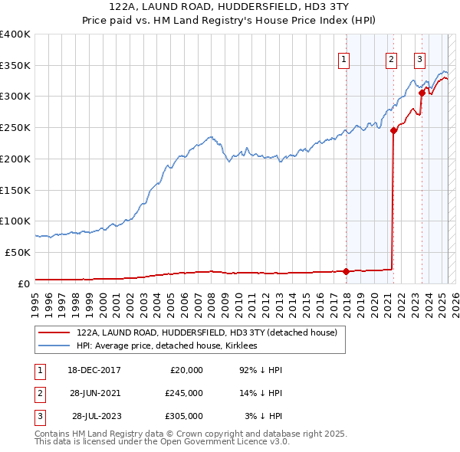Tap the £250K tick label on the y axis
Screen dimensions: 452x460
coord(14,127)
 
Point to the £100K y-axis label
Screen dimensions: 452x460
coord(14,221)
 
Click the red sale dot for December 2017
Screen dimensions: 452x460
coord(346,270)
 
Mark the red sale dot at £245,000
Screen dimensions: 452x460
coord(393,130)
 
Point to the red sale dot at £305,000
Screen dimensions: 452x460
coord(422,93)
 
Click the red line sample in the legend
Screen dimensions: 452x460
coord(54,332)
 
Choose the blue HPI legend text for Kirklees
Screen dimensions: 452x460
coord(166,346)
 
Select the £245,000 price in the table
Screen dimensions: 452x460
coord(184,393)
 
